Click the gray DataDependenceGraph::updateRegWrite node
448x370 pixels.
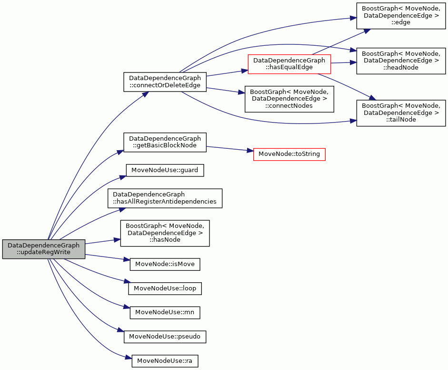coord(44,249)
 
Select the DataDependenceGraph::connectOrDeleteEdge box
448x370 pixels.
coord(165,82)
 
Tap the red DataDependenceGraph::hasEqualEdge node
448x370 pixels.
coord(289,64)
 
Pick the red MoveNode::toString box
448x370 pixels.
coord(289,154)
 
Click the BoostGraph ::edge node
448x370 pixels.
coord(401,15)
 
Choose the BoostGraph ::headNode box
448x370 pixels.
coord(401,61)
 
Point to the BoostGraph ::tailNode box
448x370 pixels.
coord(401,113)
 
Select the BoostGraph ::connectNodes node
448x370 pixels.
coord(289,99)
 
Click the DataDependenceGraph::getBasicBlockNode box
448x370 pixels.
coord(165,142)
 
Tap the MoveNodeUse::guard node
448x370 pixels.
coord(165,170)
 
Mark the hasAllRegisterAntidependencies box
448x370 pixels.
coord(165,198)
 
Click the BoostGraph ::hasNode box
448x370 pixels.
coord(165,233)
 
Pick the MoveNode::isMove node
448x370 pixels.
coord(165,265)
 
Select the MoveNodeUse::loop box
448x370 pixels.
coord(165,288)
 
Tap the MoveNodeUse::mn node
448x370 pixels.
coord(165,312)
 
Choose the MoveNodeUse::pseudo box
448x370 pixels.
coord(165,337)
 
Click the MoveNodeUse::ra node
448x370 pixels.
coord(165,361)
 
